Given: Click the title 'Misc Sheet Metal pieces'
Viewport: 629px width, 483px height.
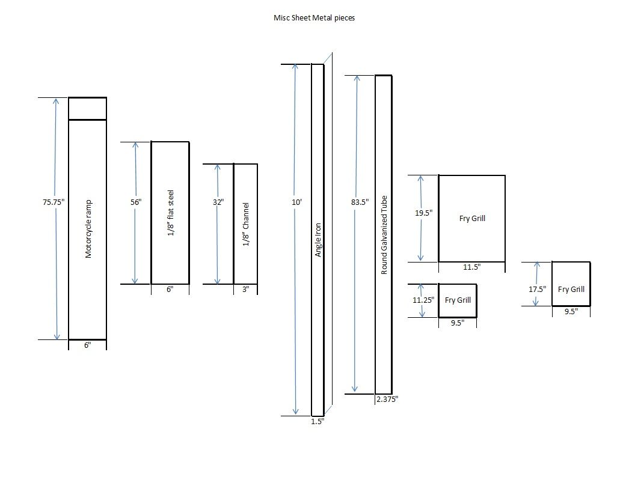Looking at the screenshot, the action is (314, 17).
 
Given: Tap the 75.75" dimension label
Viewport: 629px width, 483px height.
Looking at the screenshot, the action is (54, 202).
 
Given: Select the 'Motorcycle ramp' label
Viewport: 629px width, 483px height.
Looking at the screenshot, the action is (88, 229).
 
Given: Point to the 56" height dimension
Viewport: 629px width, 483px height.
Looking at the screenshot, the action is (136, 202).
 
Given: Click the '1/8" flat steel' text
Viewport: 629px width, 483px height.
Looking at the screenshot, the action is (171, 213).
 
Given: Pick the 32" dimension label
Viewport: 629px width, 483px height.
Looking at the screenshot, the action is (218, 202).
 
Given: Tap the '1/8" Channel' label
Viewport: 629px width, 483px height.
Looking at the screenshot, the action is (245, 224).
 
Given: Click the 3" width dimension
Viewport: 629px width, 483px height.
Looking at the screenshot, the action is (245, 289).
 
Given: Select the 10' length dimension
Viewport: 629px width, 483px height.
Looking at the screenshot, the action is (296, 202).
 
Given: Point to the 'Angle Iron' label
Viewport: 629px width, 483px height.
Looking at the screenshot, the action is (318, 240).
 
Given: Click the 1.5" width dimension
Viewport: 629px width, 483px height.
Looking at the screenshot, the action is (318, 421).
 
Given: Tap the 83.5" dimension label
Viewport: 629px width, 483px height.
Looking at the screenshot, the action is (360, 202).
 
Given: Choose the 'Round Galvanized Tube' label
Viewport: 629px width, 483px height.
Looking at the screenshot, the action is (384, 235).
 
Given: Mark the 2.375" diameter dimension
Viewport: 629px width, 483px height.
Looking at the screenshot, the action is (387, 399).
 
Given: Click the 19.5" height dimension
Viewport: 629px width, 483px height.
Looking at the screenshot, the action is (423, 213).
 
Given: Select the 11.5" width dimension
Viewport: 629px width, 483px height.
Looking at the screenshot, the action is (471, 267).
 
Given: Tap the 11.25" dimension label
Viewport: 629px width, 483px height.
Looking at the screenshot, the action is (423, 300).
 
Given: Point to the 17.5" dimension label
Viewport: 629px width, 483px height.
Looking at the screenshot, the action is (538, 289).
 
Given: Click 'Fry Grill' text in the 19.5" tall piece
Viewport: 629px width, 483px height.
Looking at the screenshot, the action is (472, 219).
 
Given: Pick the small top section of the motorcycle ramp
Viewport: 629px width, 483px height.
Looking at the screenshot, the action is (87, 109).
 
